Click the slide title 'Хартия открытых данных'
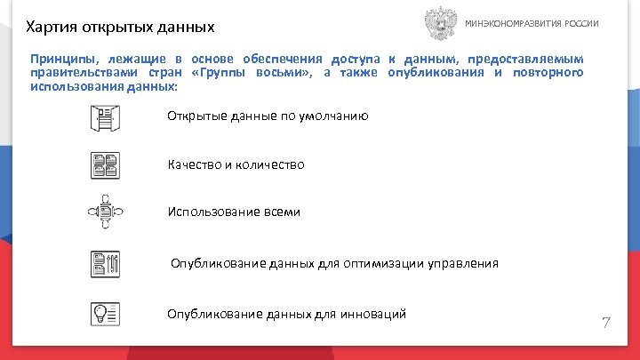(x=119, y=28)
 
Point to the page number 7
(x=606, y=321)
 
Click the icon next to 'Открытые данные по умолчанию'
(x=105, y=117)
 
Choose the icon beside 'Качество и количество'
(x=105, y=164)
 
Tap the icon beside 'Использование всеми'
(x=105, y=212)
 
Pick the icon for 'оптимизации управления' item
(x=105, y=264)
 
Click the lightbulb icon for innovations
(x=105, y=313)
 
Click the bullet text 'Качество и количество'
(x=236, y=164)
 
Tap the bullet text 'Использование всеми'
(x=234, y=212)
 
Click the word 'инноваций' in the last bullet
(x=375, y=314)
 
